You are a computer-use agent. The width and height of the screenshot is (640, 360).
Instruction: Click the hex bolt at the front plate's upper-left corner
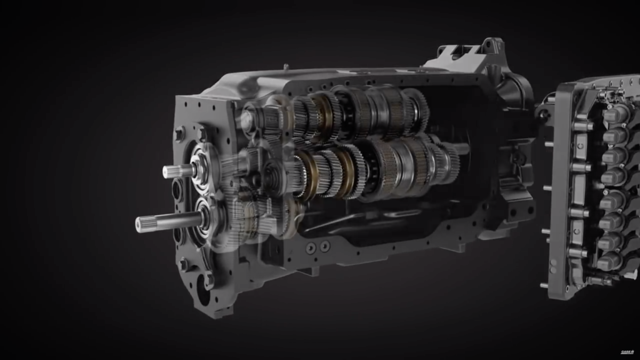pos(180,134)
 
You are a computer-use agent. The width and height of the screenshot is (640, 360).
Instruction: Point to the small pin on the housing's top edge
pos(285,66)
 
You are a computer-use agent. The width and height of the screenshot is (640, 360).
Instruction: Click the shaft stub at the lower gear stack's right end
pos(464,149)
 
